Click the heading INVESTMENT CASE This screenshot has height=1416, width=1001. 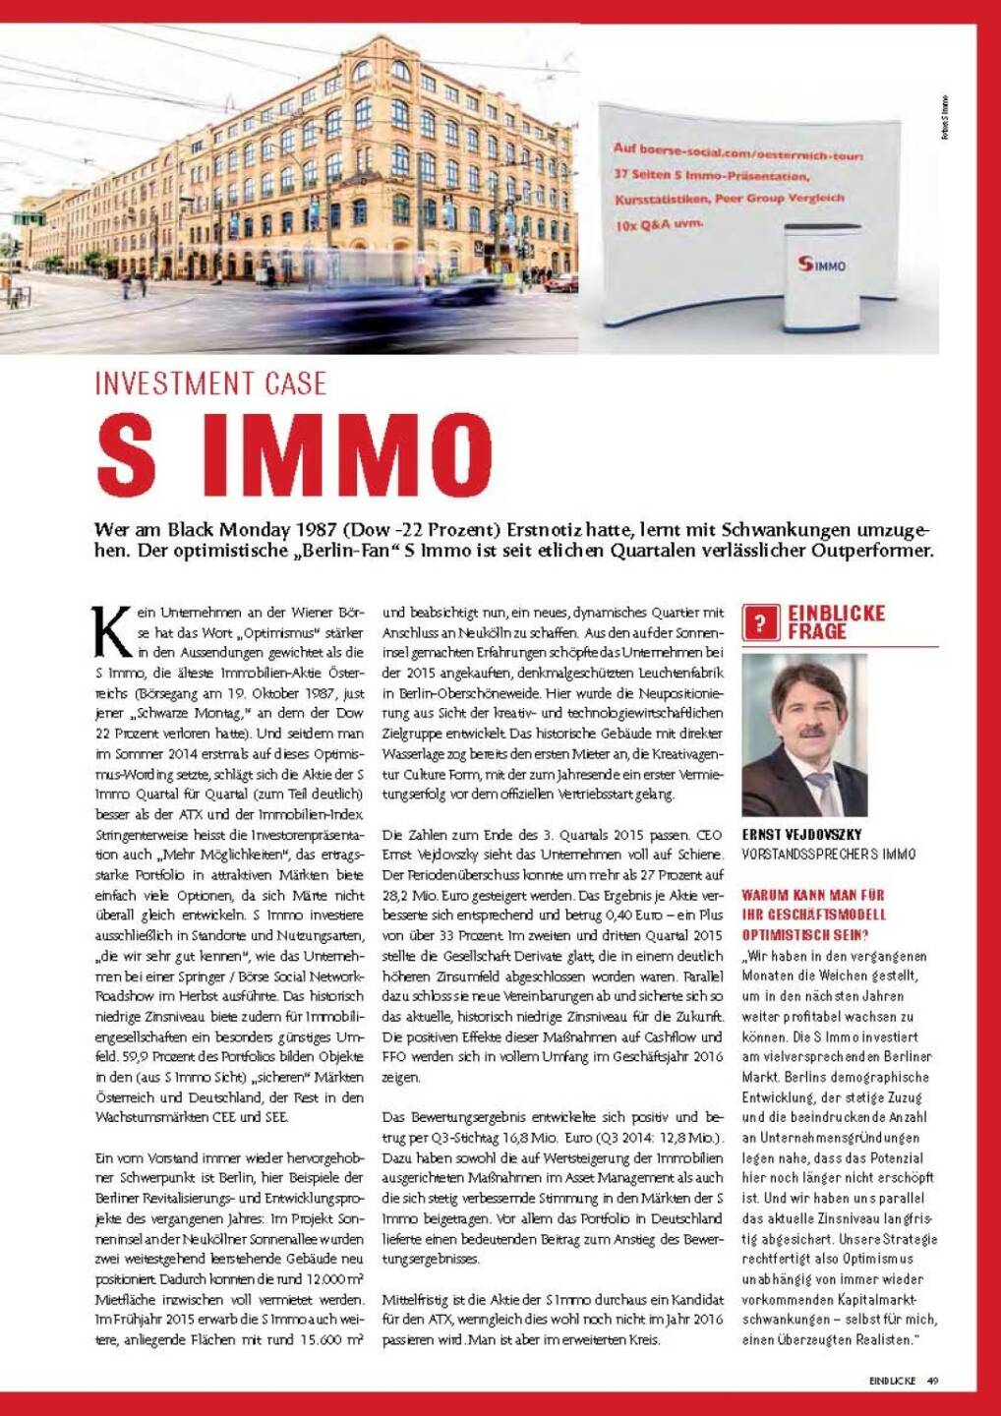point(210,383)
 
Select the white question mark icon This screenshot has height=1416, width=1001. point(761,623)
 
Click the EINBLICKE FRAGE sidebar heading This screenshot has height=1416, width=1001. point(836,622)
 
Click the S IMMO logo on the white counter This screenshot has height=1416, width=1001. point(822,264)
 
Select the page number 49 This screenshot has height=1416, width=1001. point(932,1381)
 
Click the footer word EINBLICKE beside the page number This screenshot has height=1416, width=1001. point(892,1381)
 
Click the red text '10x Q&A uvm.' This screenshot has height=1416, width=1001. point(660,223)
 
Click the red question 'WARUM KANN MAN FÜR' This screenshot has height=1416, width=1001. point(812,895)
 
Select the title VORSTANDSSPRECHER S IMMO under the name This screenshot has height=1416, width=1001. point(828,855)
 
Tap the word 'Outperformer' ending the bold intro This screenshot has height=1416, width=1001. point(871,551)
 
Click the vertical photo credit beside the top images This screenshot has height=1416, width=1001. point(945,122)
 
